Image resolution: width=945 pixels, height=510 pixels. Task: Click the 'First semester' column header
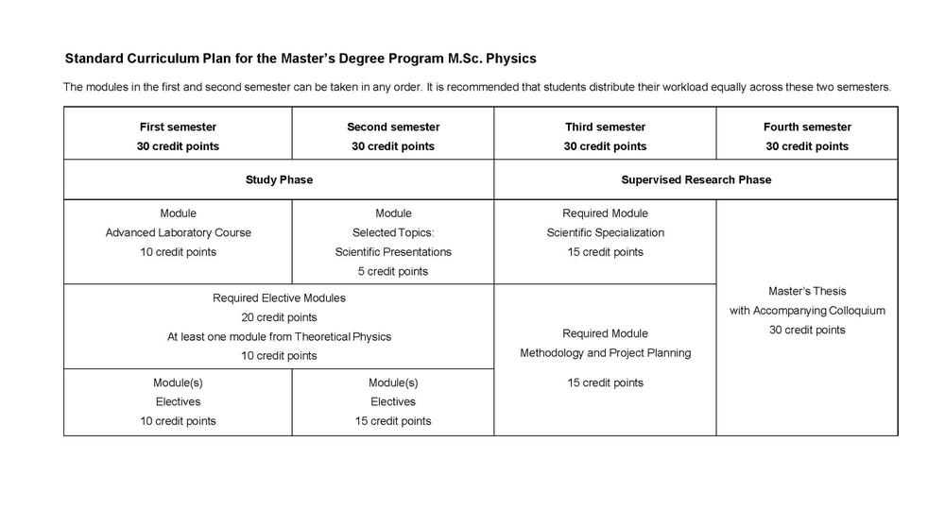178,127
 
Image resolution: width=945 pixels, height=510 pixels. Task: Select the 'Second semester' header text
393,127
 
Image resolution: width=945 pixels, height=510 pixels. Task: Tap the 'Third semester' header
605,127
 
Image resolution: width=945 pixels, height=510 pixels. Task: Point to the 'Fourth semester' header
807,127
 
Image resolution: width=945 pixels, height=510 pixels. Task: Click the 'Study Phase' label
279,179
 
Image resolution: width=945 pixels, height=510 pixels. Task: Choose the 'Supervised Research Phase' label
696,179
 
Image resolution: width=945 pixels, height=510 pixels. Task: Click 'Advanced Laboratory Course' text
178,232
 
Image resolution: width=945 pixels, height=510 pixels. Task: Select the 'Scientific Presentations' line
393,252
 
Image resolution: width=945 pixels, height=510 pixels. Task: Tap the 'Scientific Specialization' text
605,232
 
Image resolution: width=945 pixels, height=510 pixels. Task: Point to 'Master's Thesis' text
807,291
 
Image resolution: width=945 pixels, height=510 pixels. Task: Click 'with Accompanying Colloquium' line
807,311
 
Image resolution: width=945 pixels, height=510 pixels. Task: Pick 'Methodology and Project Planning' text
605,353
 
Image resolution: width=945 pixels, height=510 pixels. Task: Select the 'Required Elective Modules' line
279,297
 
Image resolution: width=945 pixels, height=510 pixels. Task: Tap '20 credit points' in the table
279,317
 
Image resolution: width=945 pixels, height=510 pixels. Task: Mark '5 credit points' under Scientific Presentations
393,272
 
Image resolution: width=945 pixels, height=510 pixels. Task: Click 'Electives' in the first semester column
178,401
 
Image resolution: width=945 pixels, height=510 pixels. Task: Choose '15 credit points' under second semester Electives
393,421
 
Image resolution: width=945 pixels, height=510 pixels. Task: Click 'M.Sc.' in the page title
464,59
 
